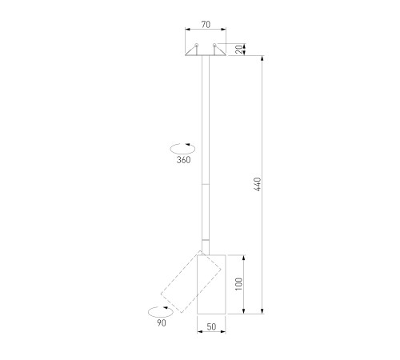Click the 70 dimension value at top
click(206, 25)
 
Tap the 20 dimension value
click(239, 50)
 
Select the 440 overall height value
click(258, 184)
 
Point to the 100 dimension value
click(239, 284)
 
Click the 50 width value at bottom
click(211, 327)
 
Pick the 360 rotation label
click(183, 160)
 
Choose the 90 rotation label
click(162, 323)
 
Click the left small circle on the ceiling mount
click(197, 45)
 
